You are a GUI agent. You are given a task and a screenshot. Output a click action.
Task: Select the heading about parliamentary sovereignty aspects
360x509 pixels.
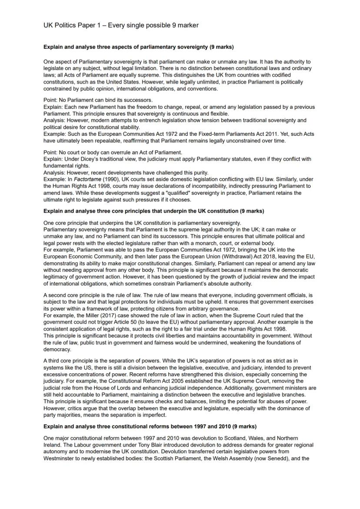pyautogui.click(x=139, y=47)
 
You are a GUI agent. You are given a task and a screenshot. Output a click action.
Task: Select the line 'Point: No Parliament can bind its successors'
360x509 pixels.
pyautogui.click(x=97, y=100)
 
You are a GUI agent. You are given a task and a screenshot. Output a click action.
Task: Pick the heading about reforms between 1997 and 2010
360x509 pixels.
pyautogui.click(x=150, y=426)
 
